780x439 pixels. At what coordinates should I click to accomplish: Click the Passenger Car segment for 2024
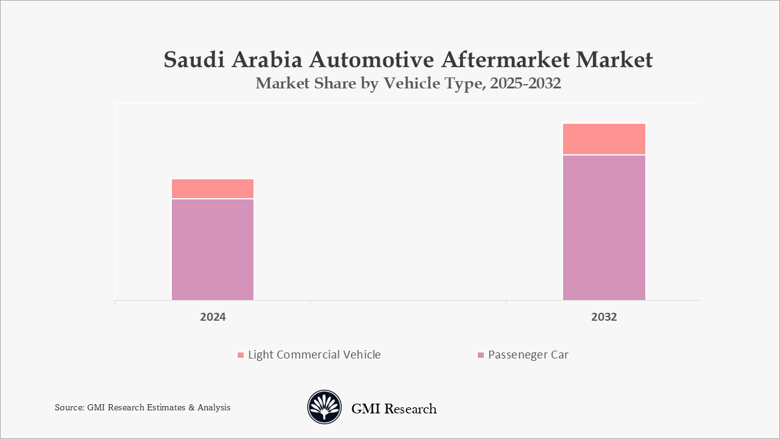pos(213,249)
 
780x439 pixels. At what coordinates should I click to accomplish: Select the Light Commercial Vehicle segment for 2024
pos(213,188)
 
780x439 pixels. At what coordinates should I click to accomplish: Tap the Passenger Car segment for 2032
pos(604,227)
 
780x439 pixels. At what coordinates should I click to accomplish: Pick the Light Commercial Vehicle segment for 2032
pos(604,139)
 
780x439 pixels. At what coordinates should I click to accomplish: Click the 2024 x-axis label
pos(213,317)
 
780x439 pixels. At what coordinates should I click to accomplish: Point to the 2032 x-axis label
pos(604,317)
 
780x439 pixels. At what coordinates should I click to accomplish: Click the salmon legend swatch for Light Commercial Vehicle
pos(241,355)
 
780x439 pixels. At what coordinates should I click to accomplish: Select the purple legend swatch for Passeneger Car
pos(481,355)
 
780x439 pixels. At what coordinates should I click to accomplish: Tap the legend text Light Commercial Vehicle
pos(314,355)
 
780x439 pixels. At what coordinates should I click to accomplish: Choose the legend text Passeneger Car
pos(528,355)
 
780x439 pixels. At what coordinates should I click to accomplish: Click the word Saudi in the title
pos(194,60)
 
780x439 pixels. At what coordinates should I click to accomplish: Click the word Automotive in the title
pos(372,60)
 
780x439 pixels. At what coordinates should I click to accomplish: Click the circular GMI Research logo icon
pos(324,407)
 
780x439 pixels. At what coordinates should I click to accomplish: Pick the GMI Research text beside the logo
pos(394,409)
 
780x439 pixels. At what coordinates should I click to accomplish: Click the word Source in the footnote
pos(68,407)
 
